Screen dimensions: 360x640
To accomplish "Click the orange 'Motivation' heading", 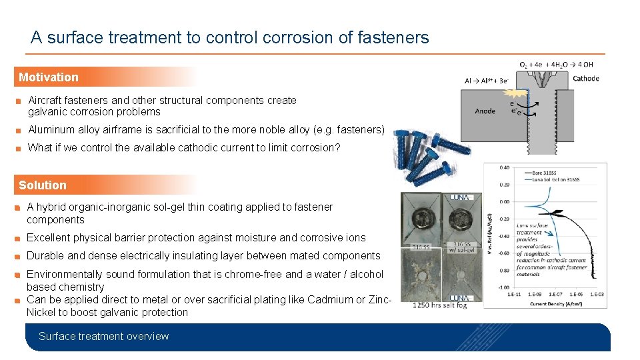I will point(49,77).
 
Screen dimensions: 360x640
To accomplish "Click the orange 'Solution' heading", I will point(43,185).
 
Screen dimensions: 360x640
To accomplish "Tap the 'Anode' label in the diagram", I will point(485,111).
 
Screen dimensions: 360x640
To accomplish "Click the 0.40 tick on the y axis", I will point(504,167).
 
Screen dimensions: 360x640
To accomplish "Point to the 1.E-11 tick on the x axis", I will point(514,294).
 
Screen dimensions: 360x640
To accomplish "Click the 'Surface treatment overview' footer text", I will point(104,337).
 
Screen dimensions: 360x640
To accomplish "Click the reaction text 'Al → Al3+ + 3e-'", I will point(487,81).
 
